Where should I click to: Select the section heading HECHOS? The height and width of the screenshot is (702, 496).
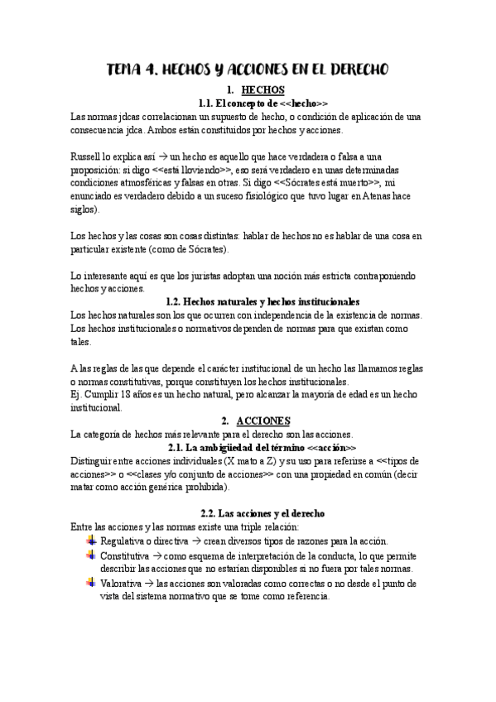[x=261, y=90]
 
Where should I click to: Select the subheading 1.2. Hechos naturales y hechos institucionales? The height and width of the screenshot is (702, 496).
[x=262, y=302]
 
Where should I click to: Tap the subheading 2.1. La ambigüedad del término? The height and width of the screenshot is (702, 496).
[x=262, y=447]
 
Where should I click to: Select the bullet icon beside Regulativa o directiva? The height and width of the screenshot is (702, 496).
[x=90, y=540]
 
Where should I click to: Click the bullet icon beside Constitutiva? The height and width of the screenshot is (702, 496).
[x=90, y=554]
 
